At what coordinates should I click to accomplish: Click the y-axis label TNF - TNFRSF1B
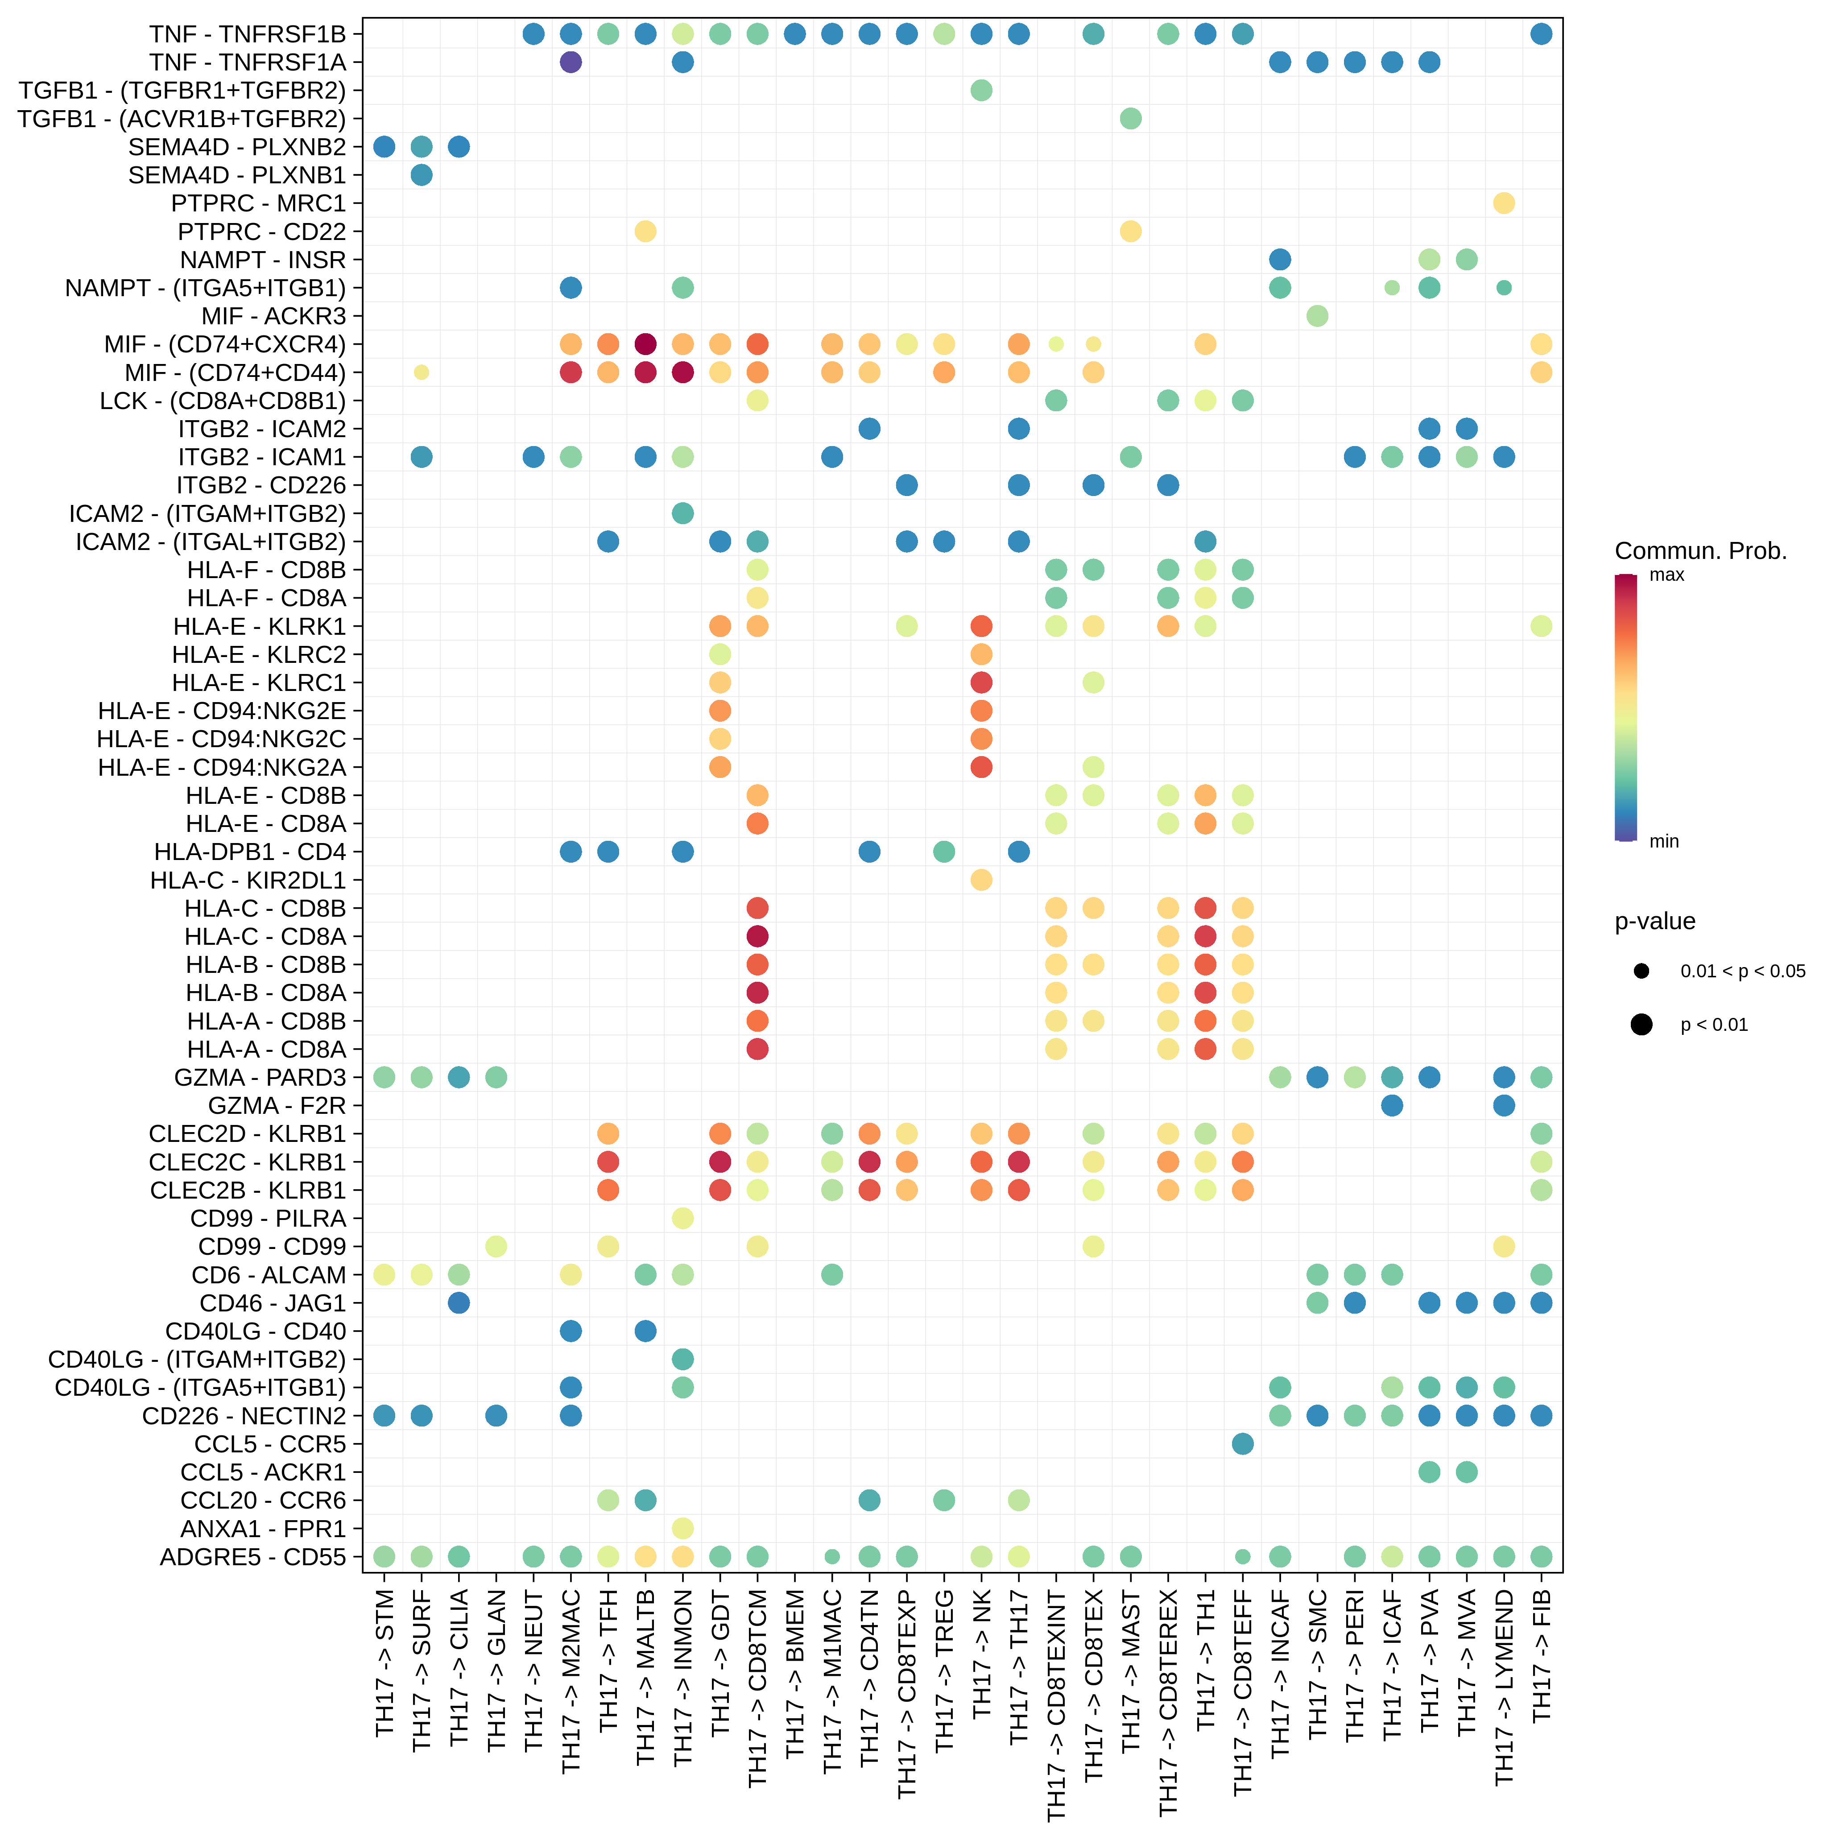[x=248, y=34]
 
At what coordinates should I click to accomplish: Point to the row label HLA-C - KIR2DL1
[x=248, y=880]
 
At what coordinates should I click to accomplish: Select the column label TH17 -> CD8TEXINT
[x=1056, y=1705]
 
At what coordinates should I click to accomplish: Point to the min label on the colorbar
[x=1664, y=841]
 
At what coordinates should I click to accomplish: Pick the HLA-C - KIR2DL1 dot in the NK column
[x=982, y=880]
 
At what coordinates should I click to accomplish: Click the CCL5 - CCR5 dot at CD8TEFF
[x=1243, y=1444]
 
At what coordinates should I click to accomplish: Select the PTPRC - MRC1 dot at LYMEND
[x=1504, y=203]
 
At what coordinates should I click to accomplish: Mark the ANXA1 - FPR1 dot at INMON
[x=683, y=1529]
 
